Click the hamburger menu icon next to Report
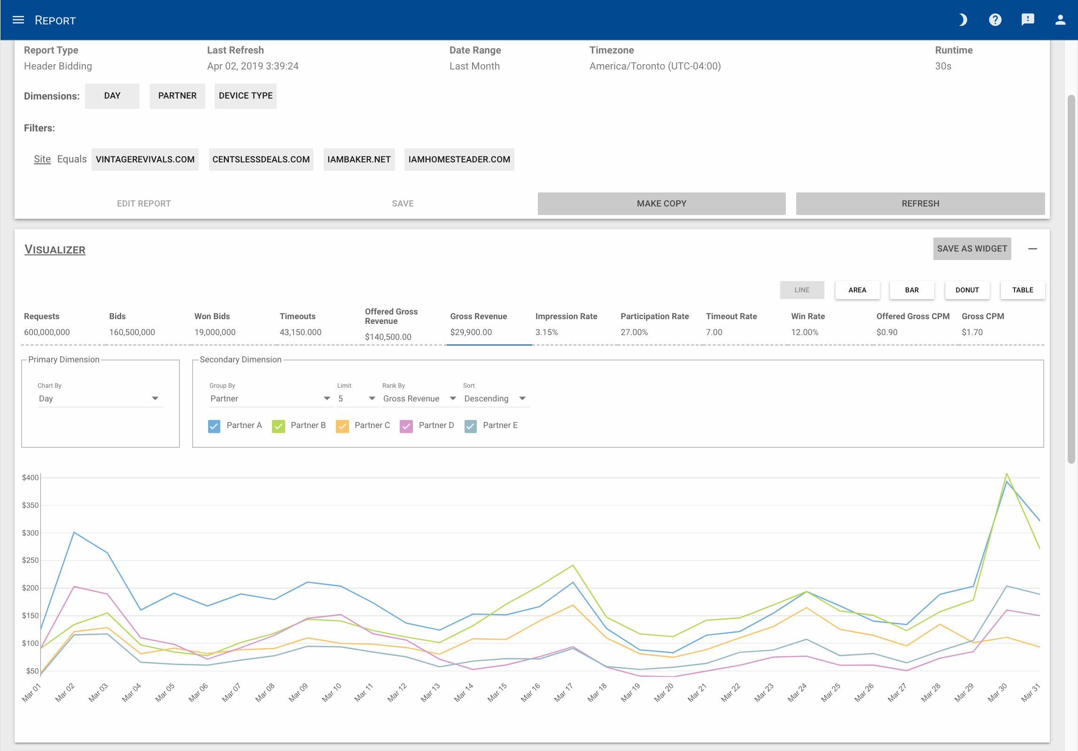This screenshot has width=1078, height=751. pyautogui.click(x=18, y=20)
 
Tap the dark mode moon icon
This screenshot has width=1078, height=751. pyautogui.click(x=962, y=20)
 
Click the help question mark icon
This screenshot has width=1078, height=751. pyautogui.click(x=995, y=20)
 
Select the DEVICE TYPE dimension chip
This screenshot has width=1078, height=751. pyautogui.click(x=245, y=96)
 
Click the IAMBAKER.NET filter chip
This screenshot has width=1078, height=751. pyautogui.click(x=359, y=160)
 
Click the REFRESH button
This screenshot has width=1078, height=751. pyautogui.click(x=920, y=204)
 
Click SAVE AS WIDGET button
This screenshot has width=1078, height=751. pyautogui.click(x=971, y=249)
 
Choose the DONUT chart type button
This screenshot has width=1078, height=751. pyautogui.click(x=967, y=290)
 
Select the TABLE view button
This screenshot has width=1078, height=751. pyautogui.click(x=1022, y=290)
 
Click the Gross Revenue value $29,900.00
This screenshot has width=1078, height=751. pyautogui.click(x=471, y=332)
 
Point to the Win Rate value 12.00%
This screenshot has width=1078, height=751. pyautogui.click(x=804, y=332)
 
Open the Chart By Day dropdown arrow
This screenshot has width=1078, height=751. pyautogui.click(x=155, y=398)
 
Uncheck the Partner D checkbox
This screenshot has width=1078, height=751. pyautogui.click(x=406, y=426)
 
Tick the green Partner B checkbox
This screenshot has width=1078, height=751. pyautogui.click(x=278, y=426)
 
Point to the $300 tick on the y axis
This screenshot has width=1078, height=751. pyautogui.click(x=30, y=533)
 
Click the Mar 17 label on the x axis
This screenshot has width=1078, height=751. pyautogui.click(x=564, y=692)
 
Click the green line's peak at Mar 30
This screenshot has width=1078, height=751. pyautogui.click(x=1006, y=474)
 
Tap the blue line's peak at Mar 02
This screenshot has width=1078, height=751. pyautogui.click(x=74, y=532)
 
